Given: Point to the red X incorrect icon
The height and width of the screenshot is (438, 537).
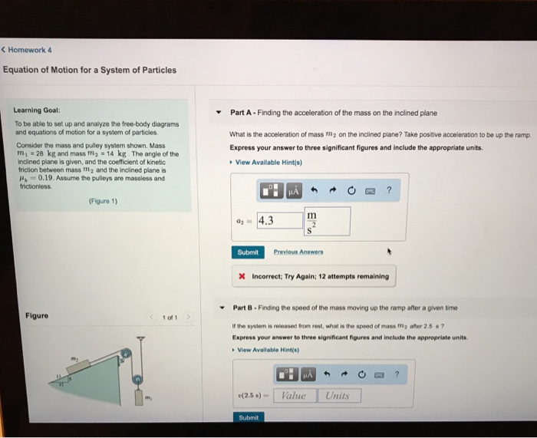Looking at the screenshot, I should point(242,276).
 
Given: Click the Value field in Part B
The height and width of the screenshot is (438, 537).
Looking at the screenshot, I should point(293,395).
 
